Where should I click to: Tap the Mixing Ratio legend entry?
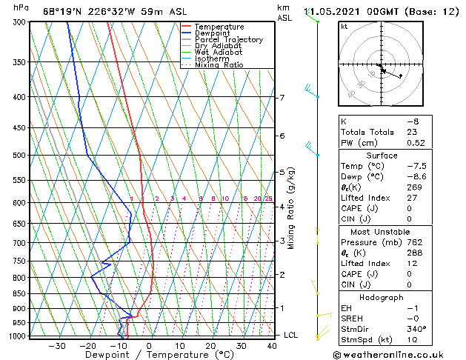219,65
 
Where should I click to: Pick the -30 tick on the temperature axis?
57,345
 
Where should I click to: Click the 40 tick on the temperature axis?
273,345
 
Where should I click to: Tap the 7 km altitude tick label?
282,98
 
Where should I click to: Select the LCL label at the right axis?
291,335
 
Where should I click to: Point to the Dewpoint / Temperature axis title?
148,355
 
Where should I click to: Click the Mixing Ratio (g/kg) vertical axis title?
292,208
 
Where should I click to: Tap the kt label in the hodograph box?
344,26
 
